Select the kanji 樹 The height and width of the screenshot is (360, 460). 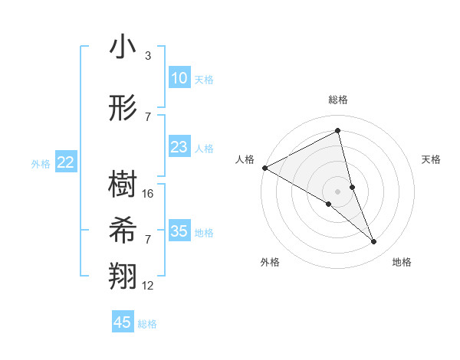(x=123, y=184)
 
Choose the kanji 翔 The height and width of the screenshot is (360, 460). (x=123, y=277)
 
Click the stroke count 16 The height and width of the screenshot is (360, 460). (x=149, y=194)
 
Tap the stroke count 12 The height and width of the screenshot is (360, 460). (x=149, y=286)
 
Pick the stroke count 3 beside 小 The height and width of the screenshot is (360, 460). (x=147, y=56)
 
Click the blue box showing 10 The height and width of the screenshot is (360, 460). (x=179, y=78)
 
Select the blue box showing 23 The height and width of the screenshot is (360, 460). (x=179, y=147)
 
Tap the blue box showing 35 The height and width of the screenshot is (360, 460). (x=179, y=231)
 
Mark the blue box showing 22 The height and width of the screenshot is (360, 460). (x=66, y=162)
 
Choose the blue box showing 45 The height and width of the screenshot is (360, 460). (x=123, y=322)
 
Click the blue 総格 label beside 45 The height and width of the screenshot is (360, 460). (x=147, y=324)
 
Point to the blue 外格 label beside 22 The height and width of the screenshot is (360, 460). (x=41, y=163)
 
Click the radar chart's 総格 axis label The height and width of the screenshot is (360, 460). (x=337, y=100)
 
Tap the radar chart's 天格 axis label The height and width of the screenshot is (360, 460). (x=432, y=159)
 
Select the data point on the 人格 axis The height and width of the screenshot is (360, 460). (x=264, y=168)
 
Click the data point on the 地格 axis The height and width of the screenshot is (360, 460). (x=374, y=242)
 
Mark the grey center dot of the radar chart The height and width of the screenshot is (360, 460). (x=337, y=191)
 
